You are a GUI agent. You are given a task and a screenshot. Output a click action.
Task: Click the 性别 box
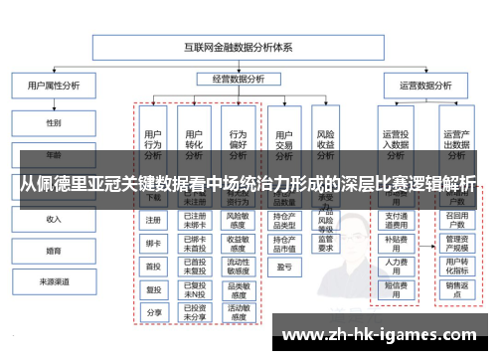click(53, 123)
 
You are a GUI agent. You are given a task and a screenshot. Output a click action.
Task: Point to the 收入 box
click(53, 219)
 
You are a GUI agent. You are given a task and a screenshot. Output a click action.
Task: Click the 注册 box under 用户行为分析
click(153, 221)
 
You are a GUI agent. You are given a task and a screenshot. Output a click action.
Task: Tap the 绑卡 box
click(153, 244)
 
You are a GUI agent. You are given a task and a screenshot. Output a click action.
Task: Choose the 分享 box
click(153, 312)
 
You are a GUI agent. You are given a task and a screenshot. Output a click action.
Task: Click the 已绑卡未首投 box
click(196, 243)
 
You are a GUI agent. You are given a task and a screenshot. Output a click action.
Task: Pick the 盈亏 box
click(284, 268)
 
